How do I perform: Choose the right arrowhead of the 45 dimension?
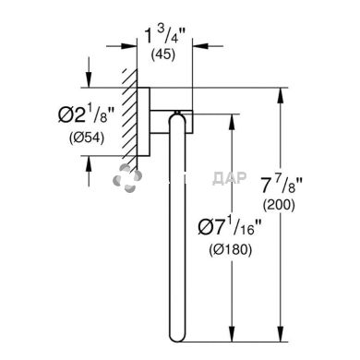pyautogui.click(x=206, y=43)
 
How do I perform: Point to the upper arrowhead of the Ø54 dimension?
pyautogui.click(x=89, y=82)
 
